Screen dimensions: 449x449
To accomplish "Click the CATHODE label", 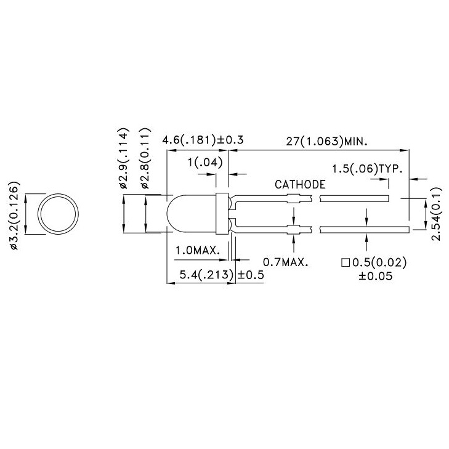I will tap(301, 184).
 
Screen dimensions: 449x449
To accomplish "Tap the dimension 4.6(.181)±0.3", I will tap(203, 140).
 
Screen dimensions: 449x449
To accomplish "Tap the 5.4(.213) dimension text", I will tap(205, 275).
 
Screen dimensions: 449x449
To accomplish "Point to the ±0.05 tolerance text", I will tap(375, 275).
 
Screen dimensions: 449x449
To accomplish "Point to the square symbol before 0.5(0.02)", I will tap(346, 263).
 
